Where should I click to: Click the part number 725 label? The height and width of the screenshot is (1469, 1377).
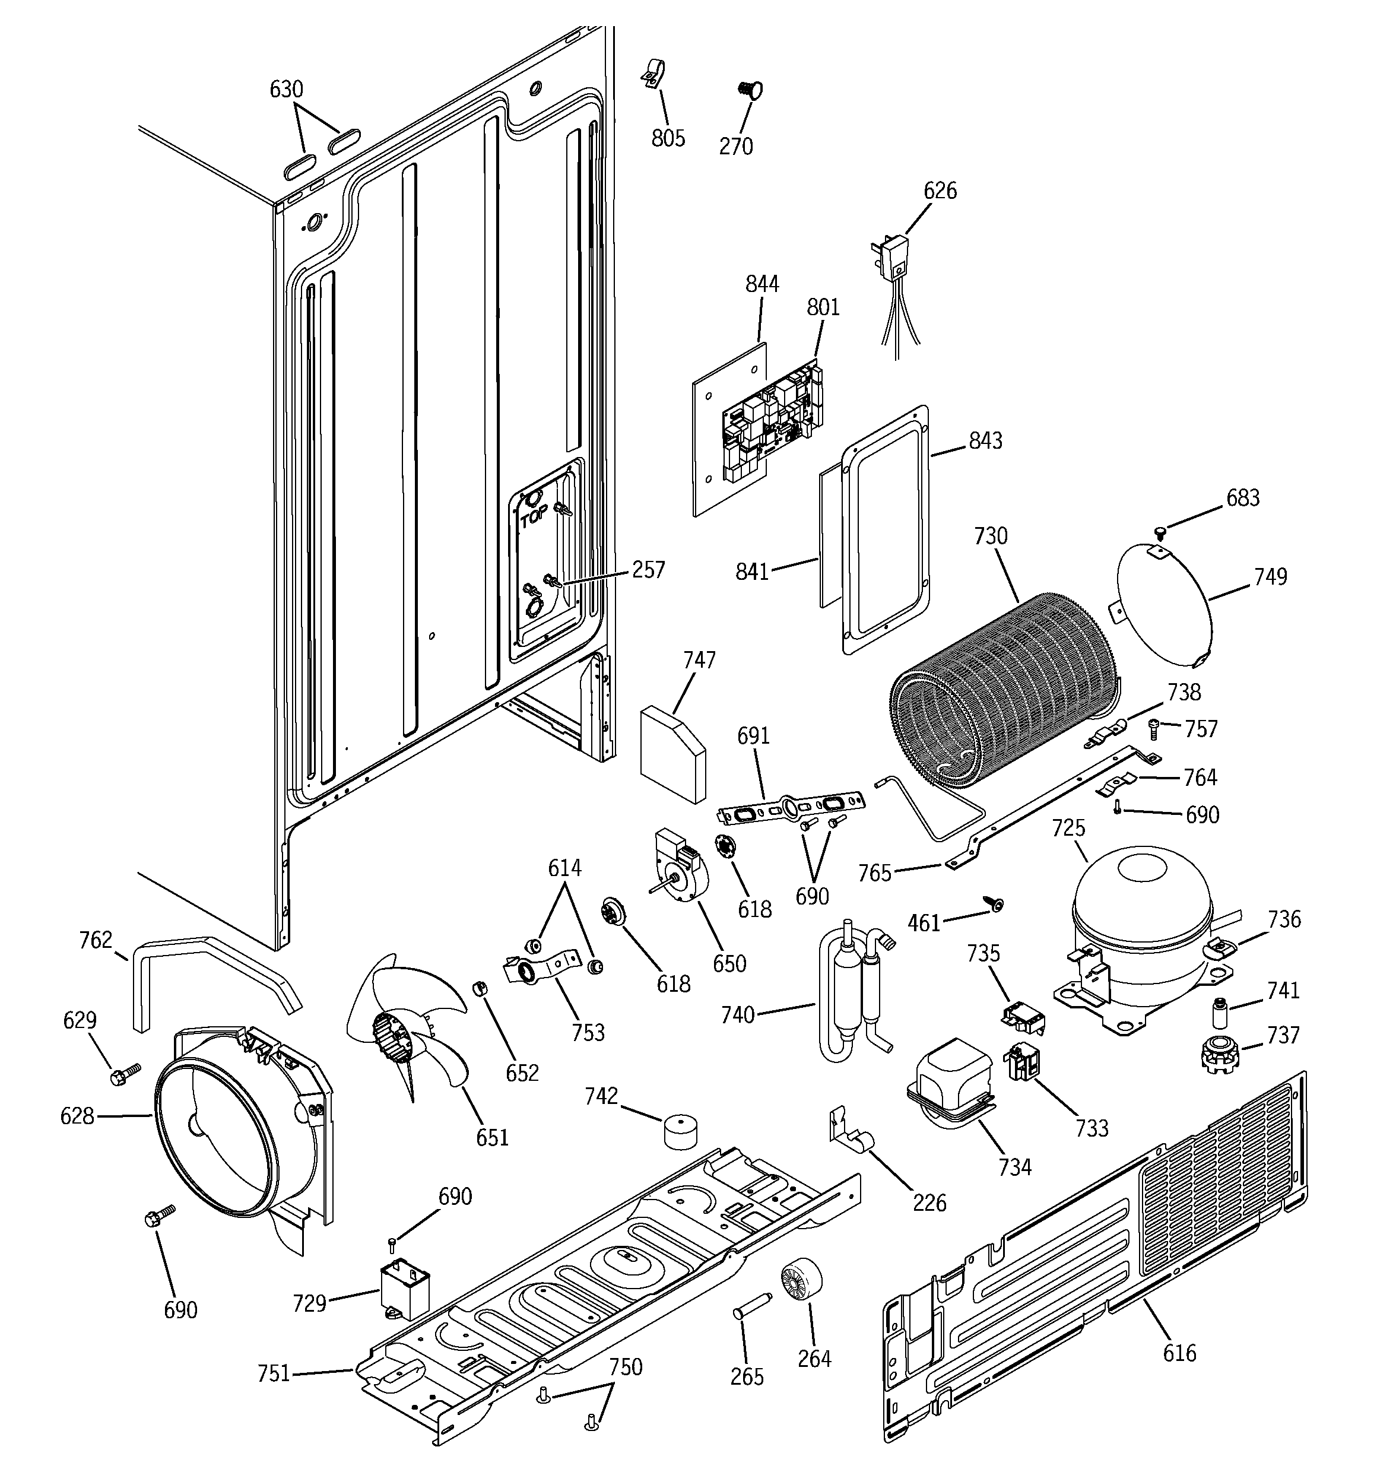coord(1068,829)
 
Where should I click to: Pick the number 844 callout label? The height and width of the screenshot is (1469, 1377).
coord(762,284)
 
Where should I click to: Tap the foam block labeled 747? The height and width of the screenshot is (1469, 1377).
coord(672,753)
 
